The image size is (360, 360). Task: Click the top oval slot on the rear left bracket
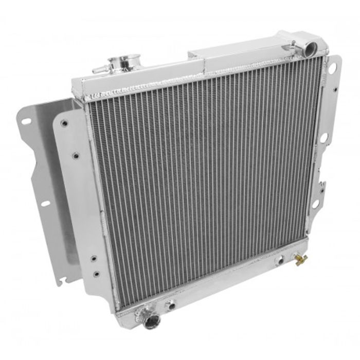[26, 121]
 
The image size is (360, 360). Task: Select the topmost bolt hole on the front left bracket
[64, 123]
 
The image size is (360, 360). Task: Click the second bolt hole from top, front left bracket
[75, 154]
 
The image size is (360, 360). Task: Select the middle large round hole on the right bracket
[324, 137]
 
